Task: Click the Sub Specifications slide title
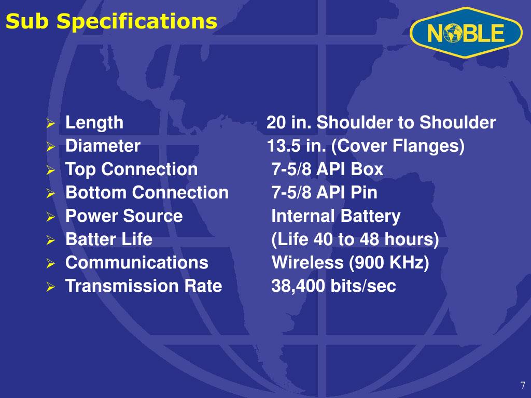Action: click(x=111, y=22)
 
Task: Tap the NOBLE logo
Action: click(x=465, y=34)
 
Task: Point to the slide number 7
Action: click(x=523, y=386)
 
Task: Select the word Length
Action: click(x=94, y=123)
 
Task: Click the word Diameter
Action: click(x=103, y=146)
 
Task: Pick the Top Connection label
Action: click(x=131, y=169)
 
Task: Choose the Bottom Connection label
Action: click(x=147, y=193)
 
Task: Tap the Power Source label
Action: click(x=124, y=216)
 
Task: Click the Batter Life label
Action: click(x=109, y=239)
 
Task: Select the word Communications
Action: click(x=137, y=263)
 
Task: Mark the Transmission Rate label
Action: click(x=144, y=286)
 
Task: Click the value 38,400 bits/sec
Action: click(x=334, y=286)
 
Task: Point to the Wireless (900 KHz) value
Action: click(x=351, y=263)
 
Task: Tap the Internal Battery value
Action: click(x=336, y=216)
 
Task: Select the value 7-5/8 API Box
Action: click(x=328, y=169)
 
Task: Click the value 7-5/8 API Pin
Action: click(x=325, y=193)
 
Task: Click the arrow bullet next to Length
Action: click(x=50, y=124)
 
